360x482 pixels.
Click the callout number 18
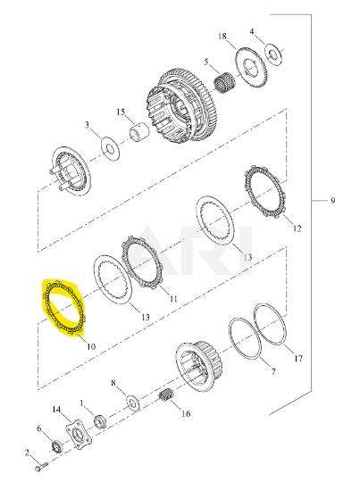tap(222, 37)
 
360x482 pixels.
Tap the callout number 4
tap(252, 31)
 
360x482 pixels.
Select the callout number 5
tap(206, 62)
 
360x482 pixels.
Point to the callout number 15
tap(121, 112)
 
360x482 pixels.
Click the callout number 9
tap(332, 201)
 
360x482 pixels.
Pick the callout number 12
tap(297, 229)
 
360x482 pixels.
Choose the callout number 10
tap(91, 346)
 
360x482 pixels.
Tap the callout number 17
tap(298, 359)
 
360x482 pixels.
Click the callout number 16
tap(186, 413)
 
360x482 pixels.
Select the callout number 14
tap(56, 410)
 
